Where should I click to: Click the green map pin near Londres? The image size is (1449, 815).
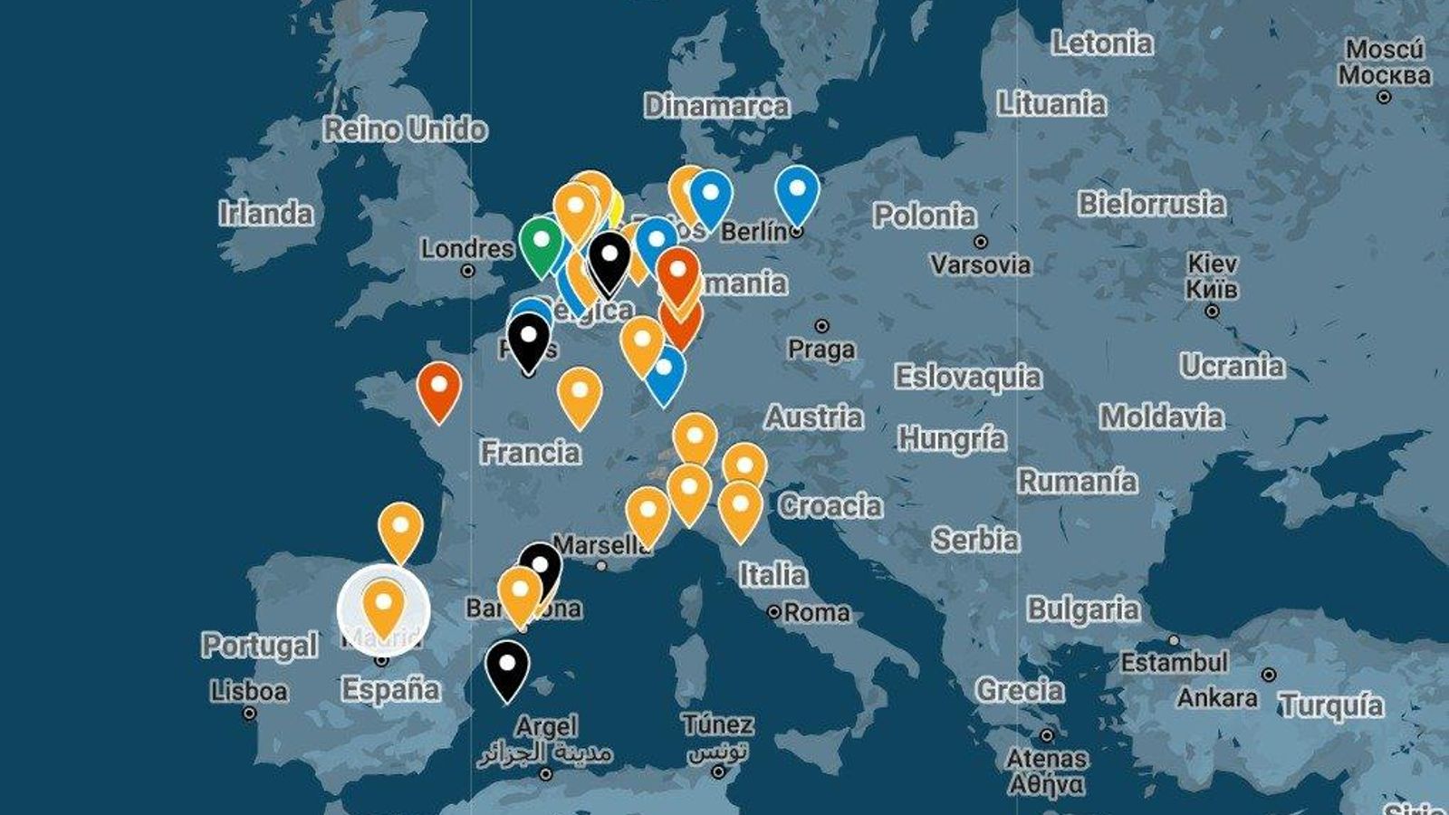click(541, 243)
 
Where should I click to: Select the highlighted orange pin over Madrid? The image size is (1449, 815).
click(383, 604)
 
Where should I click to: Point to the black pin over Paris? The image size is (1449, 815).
click(529, 338)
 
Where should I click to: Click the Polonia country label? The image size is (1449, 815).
click(924, 216)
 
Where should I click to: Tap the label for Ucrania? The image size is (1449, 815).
click(1232, 366)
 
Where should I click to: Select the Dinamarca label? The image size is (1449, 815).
click(716, 106)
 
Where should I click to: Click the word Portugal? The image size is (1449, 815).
click(259, 646)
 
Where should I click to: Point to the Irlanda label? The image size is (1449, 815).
click(265, 214)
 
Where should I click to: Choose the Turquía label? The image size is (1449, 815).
click(1331, 705)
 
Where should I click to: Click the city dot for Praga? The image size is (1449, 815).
click(821, 326)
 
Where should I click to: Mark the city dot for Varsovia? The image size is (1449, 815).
click(981, 242)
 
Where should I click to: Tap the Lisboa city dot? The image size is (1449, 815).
click(249, 714)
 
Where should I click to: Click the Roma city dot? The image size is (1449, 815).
click(774, 612)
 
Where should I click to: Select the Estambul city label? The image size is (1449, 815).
click(1174, 663)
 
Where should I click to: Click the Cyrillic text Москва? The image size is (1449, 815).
click(1384, 74)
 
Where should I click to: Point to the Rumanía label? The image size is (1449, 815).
click(1077, 481)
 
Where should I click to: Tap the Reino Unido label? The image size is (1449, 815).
click(405, 129)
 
